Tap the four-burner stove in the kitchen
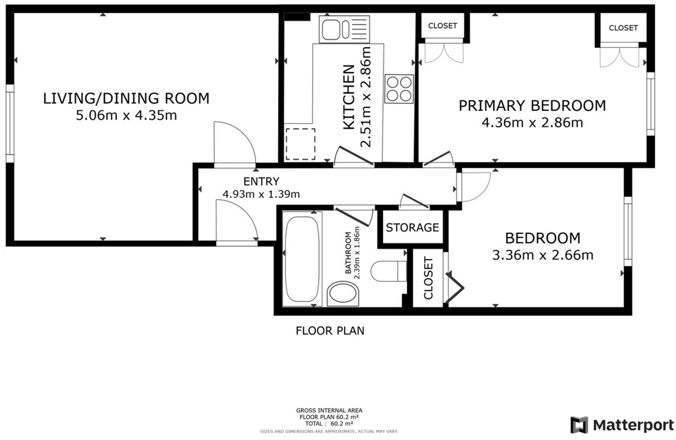point(399,89)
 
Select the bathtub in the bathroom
point(302,259)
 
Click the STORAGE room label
point(412,227)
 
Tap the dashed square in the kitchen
point(300,144)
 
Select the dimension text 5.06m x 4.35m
point(126,115)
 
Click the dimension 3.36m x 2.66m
point(542,255)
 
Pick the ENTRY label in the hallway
point(261,181)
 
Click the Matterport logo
point(621,425)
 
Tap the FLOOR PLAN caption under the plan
point(330,330)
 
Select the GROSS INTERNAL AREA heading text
point(329,410)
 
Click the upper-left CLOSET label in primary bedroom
point(442,26)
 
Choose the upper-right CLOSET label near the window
point(623,28)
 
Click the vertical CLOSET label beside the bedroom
point(428,278)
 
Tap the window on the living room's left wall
point(10,123)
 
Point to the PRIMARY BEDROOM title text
point(532,106)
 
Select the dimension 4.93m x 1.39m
point(261,194)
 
